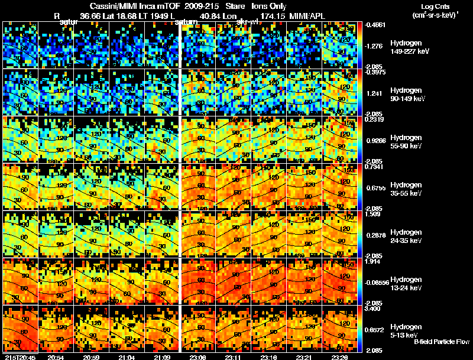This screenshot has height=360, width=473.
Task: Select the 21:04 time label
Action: [127, 356]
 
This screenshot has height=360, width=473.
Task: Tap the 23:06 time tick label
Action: [197, 356]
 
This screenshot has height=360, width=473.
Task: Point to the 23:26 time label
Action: [340, 356]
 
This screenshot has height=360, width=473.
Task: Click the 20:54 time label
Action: [55, 356]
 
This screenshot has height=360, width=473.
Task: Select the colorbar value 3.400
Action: [374, 309]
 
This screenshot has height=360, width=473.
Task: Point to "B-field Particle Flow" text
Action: [442, 342]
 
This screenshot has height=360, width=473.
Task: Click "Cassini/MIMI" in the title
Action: [104, 7]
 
